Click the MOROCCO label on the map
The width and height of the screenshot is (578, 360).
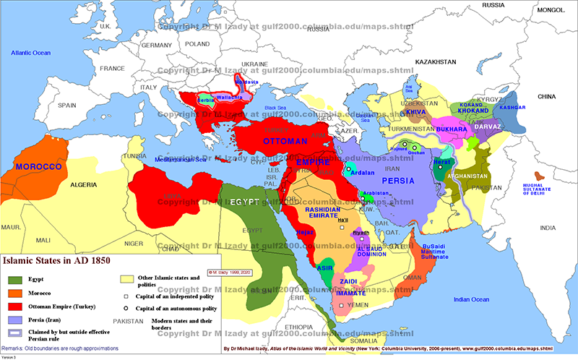(37, 166)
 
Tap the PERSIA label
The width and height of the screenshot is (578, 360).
(398, 181)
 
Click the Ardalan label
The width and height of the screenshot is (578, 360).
(362, 172)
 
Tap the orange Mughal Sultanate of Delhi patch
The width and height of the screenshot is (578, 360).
(538, 176)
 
